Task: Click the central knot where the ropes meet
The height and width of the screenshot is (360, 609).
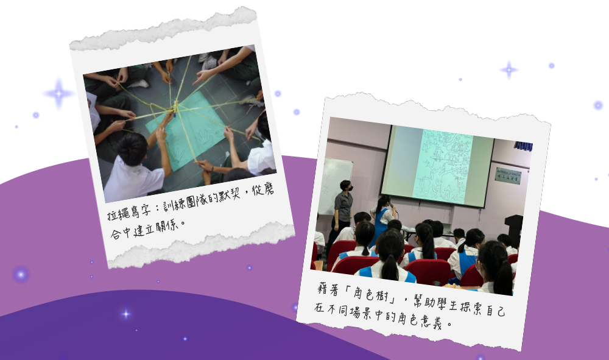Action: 175,105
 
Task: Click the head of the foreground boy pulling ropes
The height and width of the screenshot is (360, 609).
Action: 132,149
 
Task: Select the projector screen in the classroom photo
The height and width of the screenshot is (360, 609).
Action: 437,166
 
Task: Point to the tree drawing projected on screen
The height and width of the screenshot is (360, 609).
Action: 443,167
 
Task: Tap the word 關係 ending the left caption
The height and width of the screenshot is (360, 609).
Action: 167,227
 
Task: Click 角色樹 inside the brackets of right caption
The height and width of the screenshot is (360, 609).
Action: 370,294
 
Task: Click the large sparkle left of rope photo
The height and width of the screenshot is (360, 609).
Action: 58,94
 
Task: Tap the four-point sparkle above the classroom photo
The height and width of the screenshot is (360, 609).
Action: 509,70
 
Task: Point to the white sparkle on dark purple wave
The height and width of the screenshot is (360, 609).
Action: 125,314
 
